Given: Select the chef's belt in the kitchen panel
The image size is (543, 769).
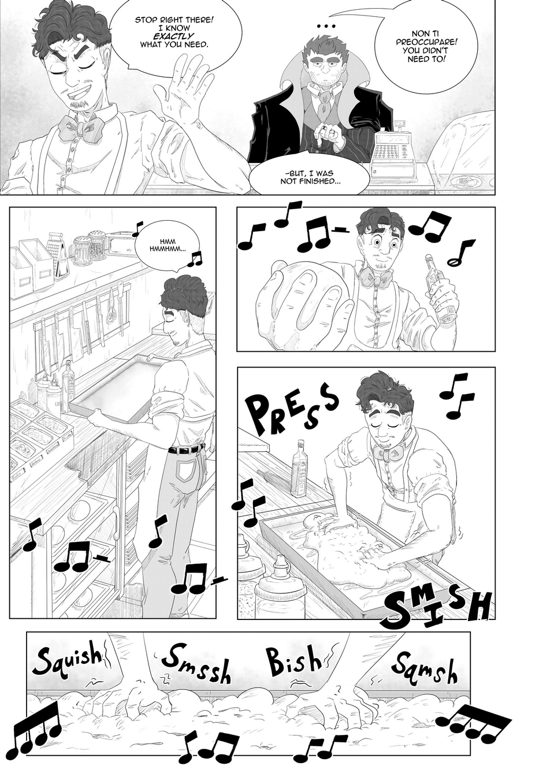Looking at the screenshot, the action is pos(187,449).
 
